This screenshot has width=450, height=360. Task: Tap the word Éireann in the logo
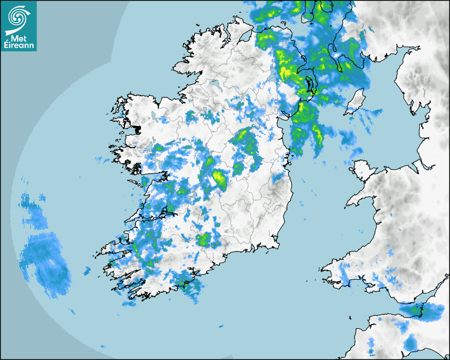point(20,46)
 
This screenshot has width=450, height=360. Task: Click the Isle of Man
point(355,101)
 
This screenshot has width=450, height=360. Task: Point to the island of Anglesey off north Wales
point(362,170)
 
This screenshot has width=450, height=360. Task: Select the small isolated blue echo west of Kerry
point(87,271)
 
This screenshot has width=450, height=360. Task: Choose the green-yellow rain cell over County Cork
point(203,240)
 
